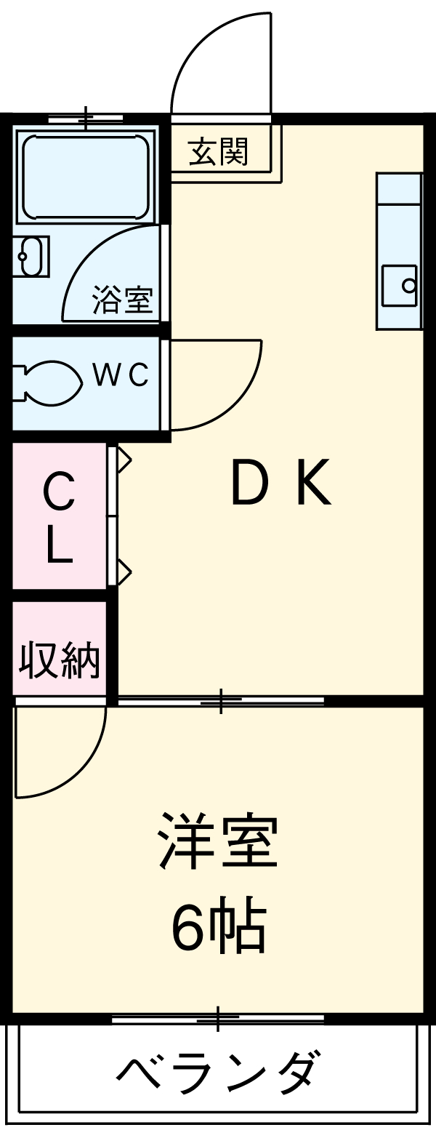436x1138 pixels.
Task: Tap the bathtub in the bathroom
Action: click(86, 177)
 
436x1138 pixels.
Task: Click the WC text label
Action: click(121, 375)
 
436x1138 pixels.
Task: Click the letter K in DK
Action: click(312, 484)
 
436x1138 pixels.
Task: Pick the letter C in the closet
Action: click(60, 494)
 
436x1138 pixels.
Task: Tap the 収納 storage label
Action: click(60, 660)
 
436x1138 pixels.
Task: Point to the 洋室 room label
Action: click(218, 841)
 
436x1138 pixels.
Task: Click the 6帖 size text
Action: click(218, 929)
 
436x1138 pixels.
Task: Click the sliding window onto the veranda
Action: click(217, 1019)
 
